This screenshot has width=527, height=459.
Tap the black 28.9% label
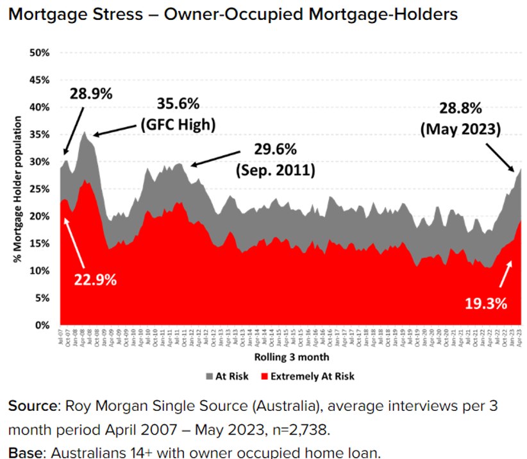pos(90,93)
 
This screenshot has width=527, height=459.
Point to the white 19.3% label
pos(485,303)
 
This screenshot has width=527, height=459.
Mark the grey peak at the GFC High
pos(84,133)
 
